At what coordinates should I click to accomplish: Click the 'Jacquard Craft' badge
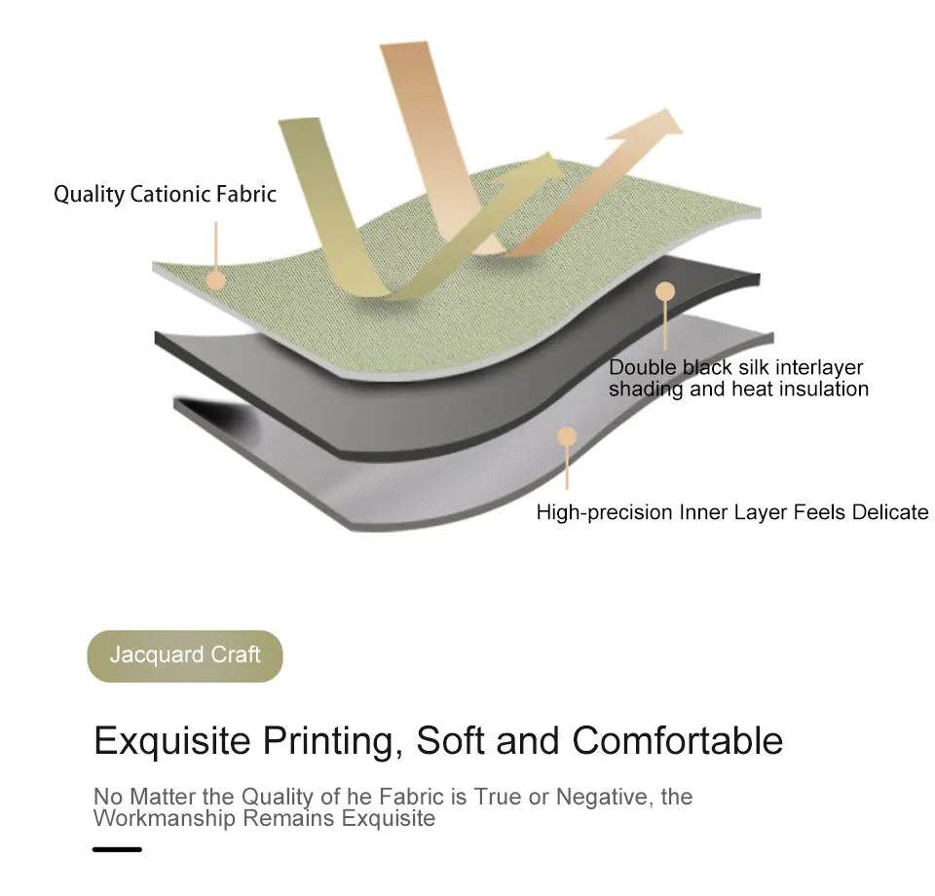coord(184,655)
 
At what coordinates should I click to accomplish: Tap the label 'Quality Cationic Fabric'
coord(165,195)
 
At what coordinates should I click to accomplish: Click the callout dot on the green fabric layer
coord(216,280)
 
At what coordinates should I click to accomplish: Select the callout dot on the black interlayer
coord(665,291)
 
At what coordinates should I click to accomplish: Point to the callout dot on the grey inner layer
coord(567,435)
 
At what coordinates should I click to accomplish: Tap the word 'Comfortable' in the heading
coord(678,741)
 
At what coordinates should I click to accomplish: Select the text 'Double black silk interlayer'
coord(735,368)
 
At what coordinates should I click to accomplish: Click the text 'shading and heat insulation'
coord(738,390)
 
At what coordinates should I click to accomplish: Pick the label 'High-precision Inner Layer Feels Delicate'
coord(732,512)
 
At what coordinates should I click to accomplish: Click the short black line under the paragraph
coord(117,849)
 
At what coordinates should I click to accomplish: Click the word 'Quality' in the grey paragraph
coord(278,798)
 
